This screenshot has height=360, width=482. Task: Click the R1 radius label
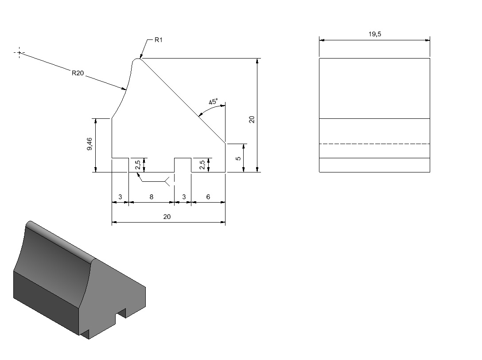(158, 40)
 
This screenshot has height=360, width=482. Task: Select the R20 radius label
(78, 73)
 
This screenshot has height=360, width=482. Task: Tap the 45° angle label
(213, 102)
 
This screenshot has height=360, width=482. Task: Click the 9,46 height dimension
(89, 144)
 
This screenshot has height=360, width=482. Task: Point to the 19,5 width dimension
(375, 34)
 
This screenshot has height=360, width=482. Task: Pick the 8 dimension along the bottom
(151, 197)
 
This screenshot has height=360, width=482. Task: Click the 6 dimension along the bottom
(208, 197)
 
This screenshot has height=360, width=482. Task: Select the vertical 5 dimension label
(238, 158)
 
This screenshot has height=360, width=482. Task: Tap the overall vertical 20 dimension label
(252, 119)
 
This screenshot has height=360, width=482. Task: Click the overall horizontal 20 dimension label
(167, 217)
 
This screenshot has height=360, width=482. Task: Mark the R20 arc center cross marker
(19, 53)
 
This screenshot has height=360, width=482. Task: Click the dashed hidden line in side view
(374, 144)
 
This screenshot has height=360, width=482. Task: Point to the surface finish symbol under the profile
(167, 181)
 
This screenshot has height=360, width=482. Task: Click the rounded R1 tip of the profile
(137, 59)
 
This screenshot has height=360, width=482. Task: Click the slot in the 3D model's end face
(120, 315)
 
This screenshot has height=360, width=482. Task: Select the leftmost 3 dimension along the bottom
(120, 197)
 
